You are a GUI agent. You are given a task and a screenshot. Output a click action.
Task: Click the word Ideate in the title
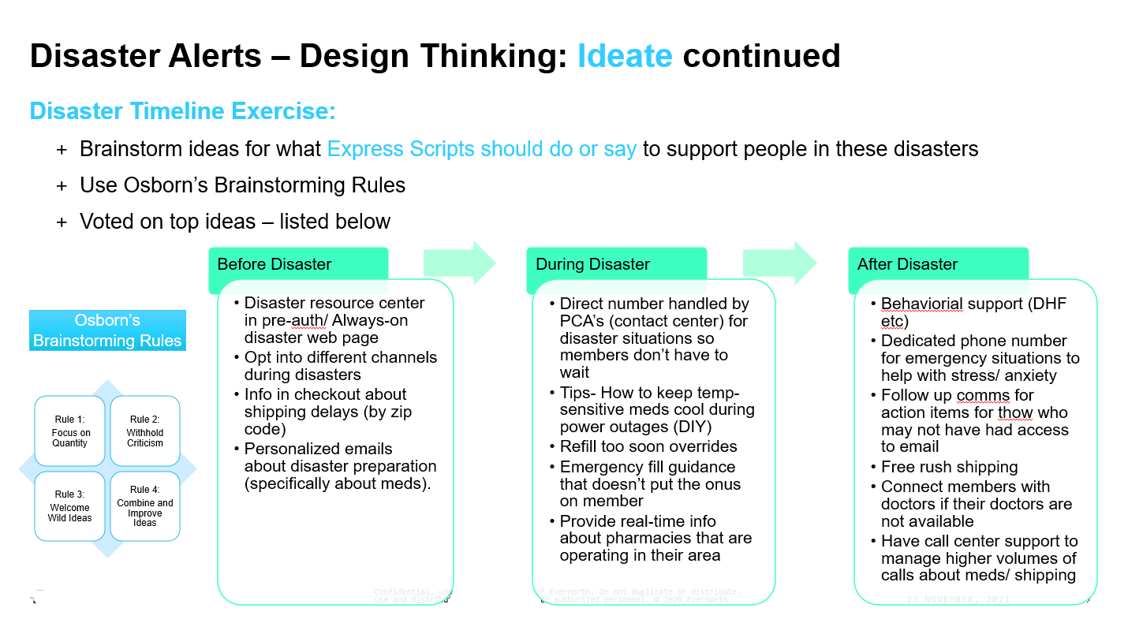(625, 56)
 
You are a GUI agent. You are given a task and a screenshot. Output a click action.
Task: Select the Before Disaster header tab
(298, 264)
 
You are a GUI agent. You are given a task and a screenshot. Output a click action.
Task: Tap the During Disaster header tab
(616, 264)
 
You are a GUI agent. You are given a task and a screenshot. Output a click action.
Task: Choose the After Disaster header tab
(938, 264)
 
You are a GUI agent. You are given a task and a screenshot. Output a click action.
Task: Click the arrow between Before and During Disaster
(459, 263)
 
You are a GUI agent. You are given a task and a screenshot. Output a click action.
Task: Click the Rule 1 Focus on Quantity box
(71, 431)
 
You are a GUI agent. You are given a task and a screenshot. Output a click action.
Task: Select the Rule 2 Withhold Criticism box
(145, 431)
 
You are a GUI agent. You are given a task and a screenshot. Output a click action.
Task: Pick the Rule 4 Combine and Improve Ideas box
(145, 506)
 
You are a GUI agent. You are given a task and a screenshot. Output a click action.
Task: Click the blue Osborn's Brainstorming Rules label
(107, 330)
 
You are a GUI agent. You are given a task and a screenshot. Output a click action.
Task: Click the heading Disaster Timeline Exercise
(183, 111)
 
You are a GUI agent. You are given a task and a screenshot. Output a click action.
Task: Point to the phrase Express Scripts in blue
(401, 149)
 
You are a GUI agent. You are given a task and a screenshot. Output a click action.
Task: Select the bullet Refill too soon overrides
(648, 446)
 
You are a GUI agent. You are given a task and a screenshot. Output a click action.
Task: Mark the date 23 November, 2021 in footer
(958, 599)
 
